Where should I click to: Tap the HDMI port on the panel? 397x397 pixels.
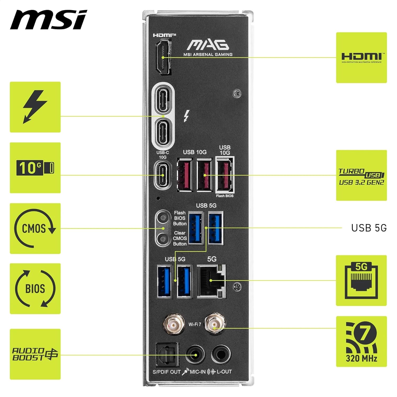point(163,57)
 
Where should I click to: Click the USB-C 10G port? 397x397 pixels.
point(163,175)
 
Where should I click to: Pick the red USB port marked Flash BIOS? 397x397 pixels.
point(225,175)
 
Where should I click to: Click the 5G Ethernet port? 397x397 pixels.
point(211,281)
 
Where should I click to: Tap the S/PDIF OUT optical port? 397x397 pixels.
point(167,355)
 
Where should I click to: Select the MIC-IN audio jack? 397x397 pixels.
point(195,355)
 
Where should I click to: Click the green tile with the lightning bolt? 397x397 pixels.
point(35,107)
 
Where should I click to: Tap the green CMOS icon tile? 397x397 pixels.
point(35,228)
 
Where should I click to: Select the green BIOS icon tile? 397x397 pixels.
point(35,288)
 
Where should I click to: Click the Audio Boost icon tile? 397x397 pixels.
point(35,354)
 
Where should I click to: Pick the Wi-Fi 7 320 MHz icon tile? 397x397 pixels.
point(361,341)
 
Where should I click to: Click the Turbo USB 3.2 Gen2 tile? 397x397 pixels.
point(361,175)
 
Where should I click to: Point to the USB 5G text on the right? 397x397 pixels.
point(369,228)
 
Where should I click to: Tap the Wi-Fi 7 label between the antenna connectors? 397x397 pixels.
point(195,324)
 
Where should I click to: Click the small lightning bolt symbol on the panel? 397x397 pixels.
point(187,116)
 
